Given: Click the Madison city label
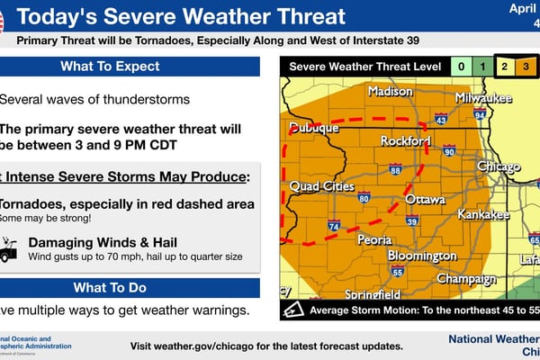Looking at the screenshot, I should click(x=390, y=92).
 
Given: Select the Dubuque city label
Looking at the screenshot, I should click(x=313, y=129).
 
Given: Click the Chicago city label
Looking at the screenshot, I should click(x=498, y=167).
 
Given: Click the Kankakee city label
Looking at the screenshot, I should click(x=484, y=215).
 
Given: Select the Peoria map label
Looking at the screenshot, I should click(x=373, y=240).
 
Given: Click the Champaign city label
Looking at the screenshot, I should click(x=466, y=279).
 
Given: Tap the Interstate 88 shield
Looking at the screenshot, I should click(x=395, y=169).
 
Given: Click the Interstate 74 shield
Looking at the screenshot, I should click(x=334, y=227).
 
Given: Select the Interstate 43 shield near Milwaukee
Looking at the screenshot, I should click(x=441, y=119).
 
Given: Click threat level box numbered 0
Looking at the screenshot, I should click(x=460, y=67).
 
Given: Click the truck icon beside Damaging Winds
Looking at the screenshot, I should click(x=9, y=249).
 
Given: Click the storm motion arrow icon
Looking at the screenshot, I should click(x=295, y=310).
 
